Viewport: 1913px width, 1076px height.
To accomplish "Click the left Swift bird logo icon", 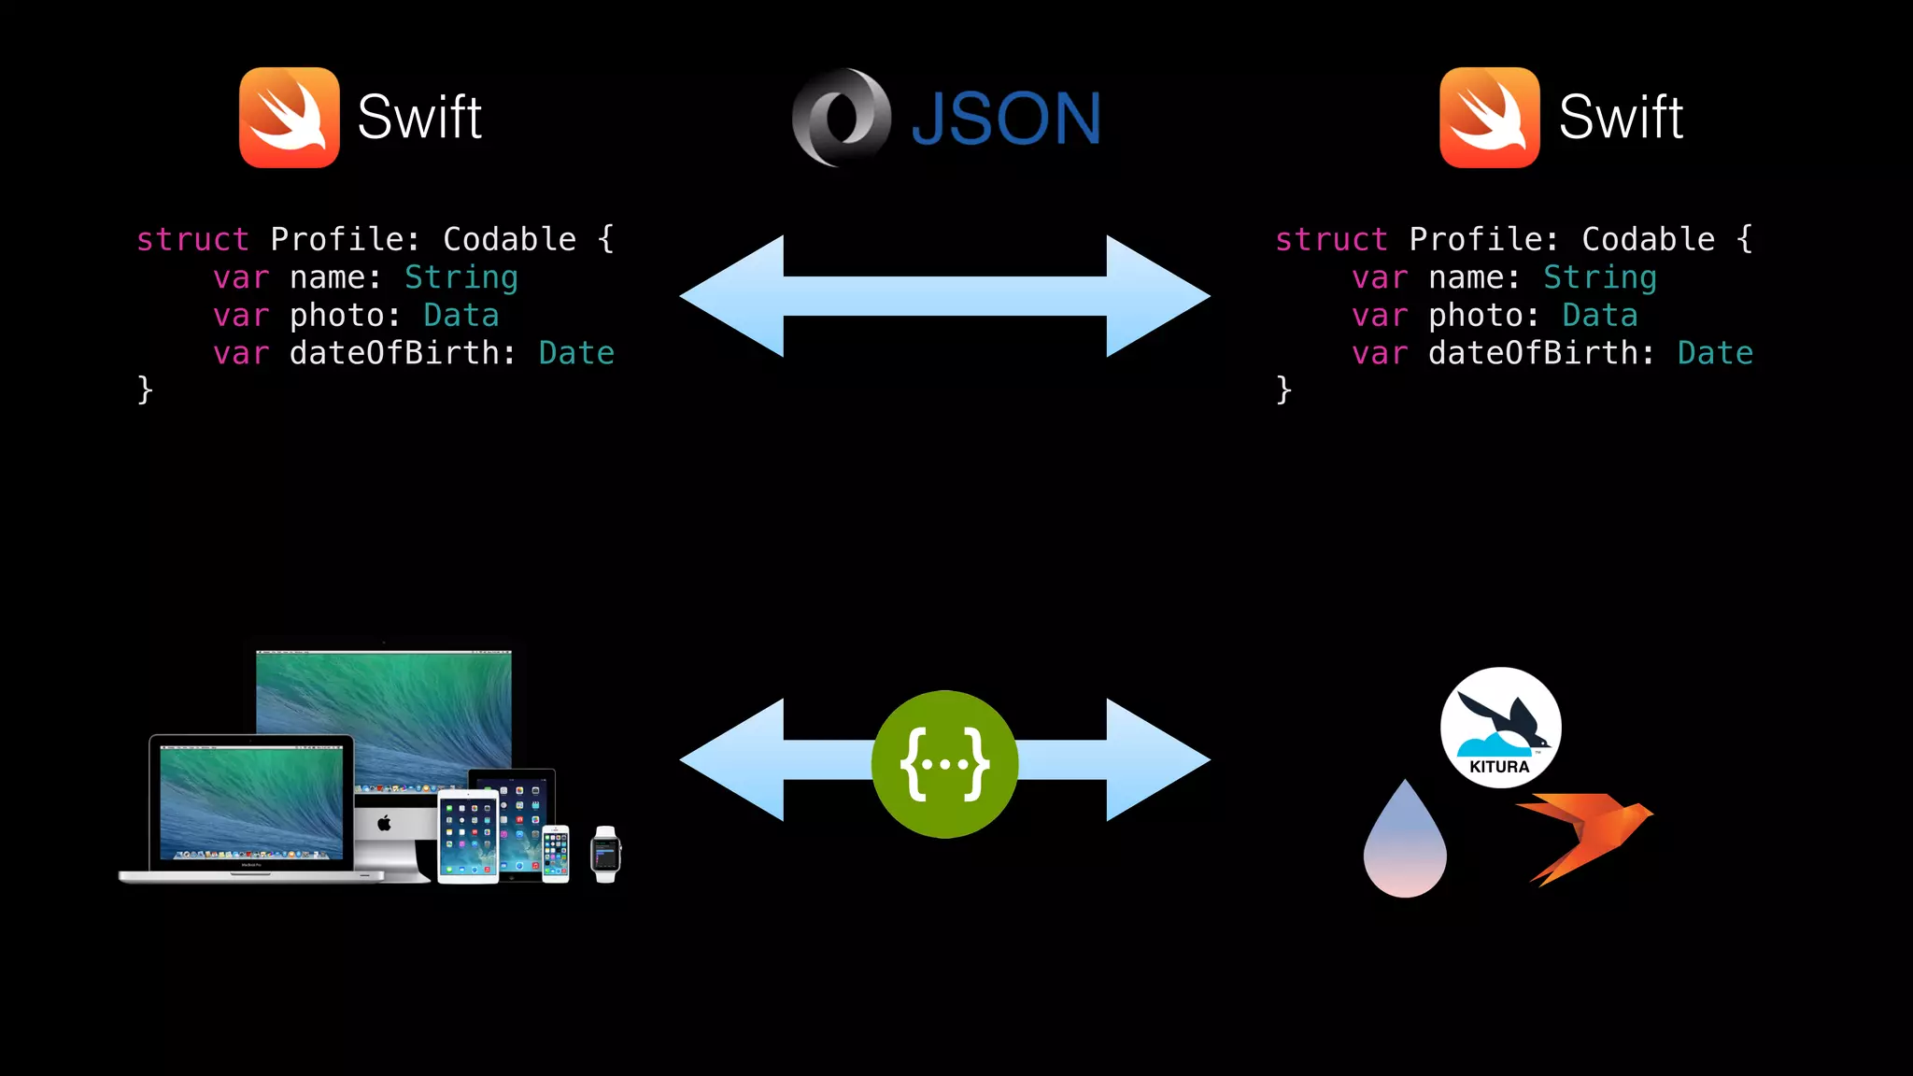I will click(289, 118).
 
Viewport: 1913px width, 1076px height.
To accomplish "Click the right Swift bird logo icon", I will click(1489, 118).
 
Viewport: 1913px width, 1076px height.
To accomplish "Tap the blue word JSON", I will click(1006, 120).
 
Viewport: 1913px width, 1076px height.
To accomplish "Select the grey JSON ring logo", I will click(841, 118).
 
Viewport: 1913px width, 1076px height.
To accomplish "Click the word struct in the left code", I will click(192, 239).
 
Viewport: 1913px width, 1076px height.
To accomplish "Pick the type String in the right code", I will click(1599, 277).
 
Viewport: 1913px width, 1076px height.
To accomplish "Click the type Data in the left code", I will click(461, 316).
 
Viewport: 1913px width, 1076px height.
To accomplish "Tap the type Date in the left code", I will click(576, 353).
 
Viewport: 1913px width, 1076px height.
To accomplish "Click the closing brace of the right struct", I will click(1283, 389).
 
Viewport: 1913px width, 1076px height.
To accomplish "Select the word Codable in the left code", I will click(509, 239).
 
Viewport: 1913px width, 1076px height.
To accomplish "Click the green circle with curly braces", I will click(944, 764).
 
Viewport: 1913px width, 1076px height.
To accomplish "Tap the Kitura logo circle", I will click(1500, 727).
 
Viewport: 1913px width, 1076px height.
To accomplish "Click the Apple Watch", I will click(605, 854).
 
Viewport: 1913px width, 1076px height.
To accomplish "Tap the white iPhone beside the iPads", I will click(556, 854).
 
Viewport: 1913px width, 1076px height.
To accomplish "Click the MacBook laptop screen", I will click(250, 801).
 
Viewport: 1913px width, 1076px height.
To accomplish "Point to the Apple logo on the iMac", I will click(384, 823).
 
